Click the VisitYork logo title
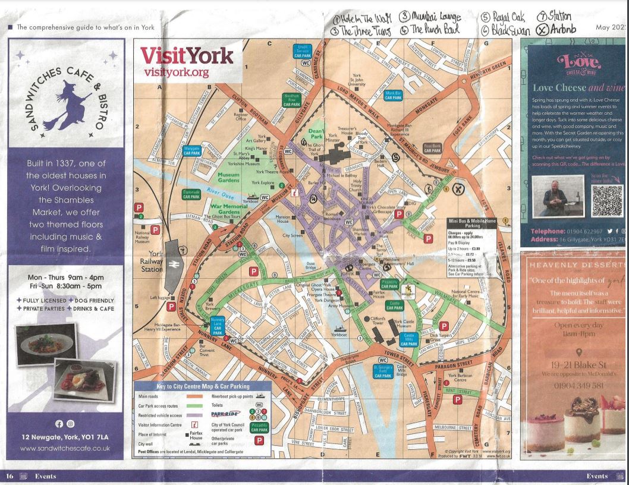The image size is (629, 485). click(x=187, y=56)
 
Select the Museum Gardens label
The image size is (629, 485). click(x=228, y=175)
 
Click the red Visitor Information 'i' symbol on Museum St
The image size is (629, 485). click(x=294, y=193)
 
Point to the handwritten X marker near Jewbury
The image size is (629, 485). click(x=458, y=189)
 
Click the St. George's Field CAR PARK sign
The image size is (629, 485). click(x=383, y=371)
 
